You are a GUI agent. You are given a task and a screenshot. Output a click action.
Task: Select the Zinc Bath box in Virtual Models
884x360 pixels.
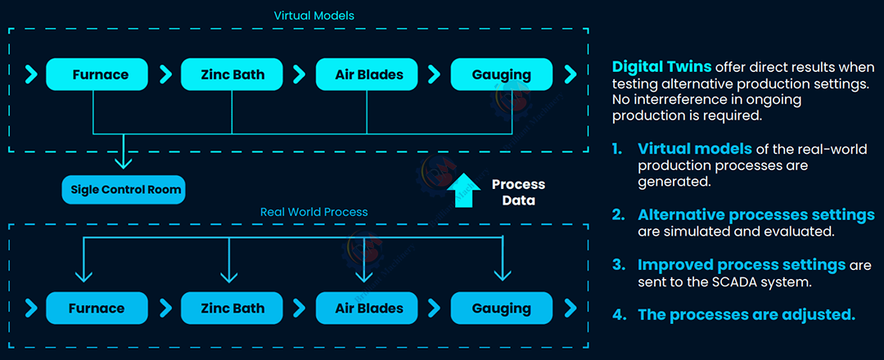click(232, 74)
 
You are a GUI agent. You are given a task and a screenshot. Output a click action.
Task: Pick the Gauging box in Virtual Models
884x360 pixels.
click(501, 74)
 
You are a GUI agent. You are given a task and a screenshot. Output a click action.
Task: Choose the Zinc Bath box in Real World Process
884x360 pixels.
click(232, 308)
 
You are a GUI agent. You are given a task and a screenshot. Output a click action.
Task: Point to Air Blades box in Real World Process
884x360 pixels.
click(369, 308)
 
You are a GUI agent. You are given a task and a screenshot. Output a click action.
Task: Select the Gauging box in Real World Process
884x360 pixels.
click(501, 308)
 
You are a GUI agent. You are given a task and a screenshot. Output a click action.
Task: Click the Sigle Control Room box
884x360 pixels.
click(124, 191)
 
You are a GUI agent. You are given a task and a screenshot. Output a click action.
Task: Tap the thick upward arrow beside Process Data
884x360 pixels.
click(463, 191)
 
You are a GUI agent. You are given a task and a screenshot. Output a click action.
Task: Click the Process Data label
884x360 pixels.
click(518, 192)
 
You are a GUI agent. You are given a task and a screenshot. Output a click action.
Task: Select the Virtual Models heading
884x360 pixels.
click(314, 16)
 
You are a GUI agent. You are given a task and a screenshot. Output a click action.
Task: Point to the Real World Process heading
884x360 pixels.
click(314, 212)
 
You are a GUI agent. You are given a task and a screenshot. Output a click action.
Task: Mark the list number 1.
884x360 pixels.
click(619, 149)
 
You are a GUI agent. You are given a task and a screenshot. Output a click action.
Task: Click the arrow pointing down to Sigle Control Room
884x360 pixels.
click(124, 155)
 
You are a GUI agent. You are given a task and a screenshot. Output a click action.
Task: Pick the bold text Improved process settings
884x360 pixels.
click(742, 265)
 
